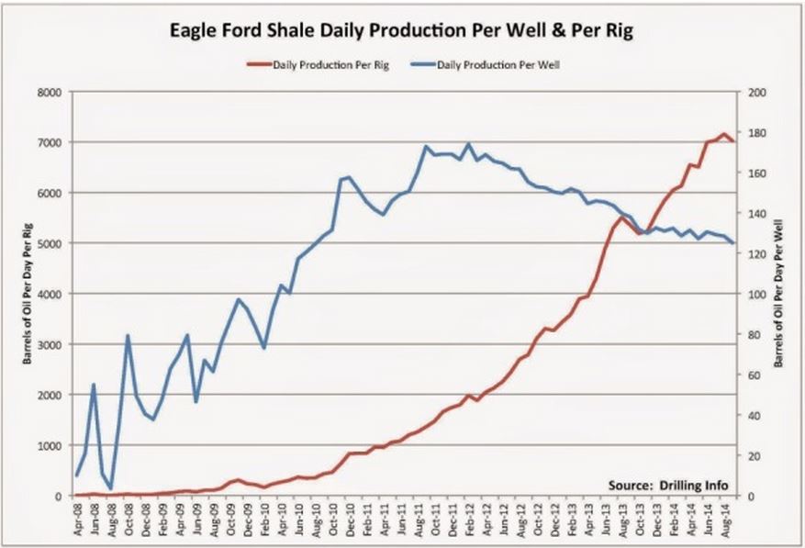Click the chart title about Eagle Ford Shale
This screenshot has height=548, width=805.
[x=402, y=30]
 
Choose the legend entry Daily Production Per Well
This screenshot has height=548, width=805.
[x=497, y=65]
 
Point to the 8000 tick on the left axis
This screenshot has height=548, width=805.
[x=47, y=93]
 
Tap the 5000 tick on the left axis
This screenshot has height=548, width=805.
[x=47, y=243]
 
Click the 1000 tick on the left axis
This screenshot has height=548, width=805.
[x=47, y=445]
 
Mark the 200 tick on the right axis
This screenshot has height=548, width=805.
[x=757, y=93]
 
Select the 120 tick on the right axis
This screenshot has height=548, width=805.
[x=757, y=254]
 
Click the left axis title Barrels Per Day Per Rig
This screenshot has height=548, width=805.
[x=27, y=294]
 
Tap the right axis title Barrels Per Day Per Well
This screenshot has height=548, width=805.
[x=779, y=294]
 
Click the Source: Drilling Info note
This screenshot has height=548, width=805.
[x=670, y=484]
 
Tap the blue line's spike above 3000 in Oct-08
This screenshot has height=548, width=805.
[x=128, y=336]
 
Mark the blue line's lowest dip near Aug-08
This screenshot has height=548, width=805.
[x=111, y=488]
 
